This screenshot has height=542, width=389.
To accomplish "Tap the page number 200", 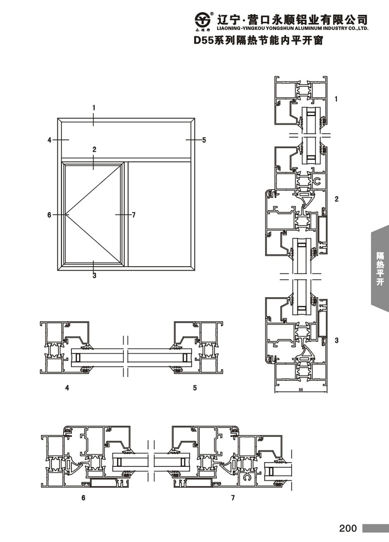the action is (348, 528).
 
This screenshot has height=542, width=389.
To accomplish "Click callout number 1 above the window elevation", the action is (94, 108).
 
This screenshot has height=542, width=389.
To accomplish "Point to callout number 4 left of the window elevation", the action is (49, 140).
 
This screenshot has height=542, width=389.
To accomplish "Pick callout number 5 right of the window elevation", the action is (204, 140).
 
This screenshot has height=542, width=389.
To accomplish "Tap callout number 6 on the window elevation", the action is (49, 215).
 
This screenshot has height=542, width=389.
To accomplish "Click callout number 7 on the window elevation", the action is (134, 215).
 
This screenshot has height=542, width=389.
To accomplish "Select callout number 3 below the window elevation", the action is (95, 275).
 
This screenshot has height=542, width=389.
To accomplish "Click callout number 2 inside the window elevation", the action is (95, 149).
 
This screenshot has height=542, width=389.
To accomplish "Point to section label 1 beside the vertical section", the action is (336, 99).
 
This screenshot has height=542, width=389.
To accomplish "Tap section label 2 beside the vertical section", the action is (336, 199).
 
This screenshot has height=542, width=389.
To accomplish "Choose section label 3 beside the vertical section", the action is (336, 340).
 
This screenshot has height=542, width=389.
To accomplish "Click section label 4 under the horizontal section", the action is (67, 388).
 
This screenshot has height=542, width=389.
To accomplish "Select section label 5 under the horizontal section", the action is (195, 388).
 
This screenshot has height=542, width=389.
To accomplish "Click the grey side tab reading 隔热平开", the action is (380, 268).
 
